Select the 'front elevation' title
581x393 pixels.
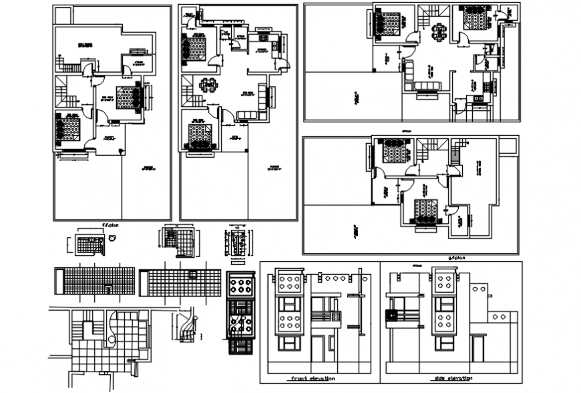[x=313, y=378]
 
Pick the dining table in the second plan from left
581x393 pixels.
[x=208, y=85]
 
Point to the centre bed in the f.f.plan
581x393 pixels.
[x=129, y=97]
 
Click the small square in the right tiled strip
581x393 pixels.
[x=192, y=275]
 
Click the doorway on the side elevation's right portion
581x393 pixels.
[x=477, y=348]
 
